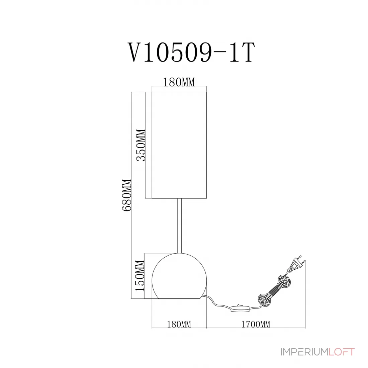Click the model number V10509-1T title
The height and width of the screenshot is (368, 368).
tap(191, 53)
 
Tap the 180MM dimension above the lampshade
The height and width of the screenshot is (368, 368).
tap(179, 82)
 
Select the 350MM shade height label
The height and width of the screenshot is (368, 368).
tap(141, 145)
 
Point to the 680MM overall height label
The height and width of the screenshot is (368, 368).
tap(126, 195)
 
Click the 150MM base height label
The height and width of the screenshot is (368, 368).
tap(140, 276)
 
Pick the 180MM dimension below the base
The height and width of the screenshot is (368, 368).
tap(179, 325)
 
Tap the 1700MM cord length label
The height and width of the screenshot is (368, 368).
tap(256, 325)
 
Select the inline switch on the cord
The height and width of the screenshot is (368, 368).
tap(240, 308)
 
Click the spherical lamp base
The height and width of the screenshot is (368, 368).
tap(179, 276)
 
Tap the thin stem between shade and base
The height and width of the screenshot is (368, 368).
tap(179, 226)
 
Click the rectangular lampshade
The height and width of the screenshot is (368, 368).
tap(179, 145)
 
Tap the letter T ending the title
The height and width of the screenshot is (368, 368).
tap(247, 53)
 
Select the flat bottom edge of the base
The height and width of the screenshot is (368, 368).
tap(179, 299)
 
